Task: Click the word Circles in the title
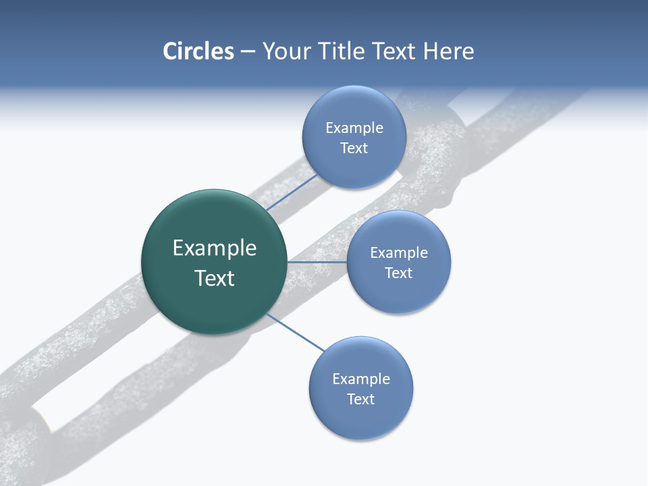[198, 51]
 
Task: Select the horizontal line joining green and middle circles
[317, 262]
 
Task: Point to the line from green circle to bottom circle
[296, 332]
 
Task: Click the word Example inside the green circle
[215, 248]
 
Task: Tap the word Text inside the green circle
[215, 278]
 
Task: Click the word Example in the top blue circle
[354, 128]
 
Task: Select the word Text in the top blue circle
[354, 148]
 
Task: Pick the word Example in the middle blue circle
[399, 253]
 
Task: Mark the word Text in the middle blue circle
[398, 273]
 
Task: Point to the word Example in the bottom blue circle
[361, 379]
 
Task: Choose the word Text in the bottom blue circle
[360, 400]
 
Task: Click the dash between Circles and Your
[248, 51]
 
